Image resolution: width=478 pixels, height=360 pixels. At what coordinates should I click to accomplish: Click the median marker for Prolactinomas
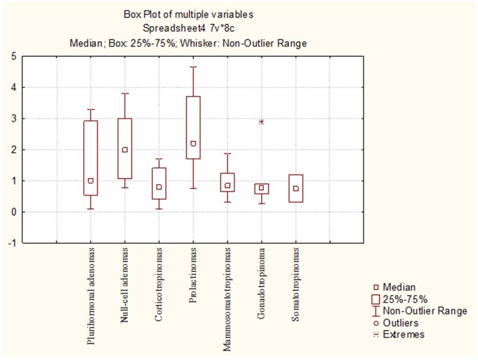pos(193,143)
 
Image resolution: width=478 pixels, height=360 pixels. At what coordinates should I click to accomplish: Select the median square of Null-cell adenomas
pos(125,149)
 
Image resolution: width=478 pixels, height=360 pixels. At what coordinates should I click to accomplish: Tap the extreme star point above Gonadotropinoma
pos(261,122)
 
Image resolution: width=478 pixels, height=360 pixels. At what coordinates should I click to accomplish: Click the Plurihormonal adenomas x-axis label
pos(91,296)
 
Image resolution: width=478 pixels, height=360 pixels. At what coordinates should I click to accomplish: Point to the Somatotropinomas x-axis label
pos(295,285)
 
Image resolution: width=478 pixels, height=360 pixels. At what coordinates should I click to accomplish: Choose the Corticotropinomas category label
pos(159,285)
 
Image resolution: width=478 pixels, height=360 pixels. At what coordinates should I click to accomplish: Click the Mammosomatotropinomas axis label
pos(227,300)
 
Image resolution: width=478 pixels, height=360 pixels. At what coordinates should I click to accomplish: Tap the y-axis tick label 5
pos(14,56)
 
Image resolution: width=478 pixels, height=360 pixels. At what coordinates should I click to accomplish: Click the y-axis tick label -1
pos(13,243)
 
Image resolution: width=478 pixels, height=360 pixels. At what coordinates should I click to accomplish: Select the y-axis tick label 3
pos(14,118)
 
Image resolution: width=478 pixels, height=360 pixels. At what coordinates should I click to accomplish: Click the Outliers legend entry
pos(396,323)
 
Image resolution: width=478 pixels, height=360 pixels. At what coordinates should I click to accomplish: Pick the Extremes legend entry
pos(399,334)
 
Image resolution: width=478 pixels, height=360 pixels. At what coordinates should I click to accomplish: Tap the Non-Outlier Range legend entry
pos(420,311)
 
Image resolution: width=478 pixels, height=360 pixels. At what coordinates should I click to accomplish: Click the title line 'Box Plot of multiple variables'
pos(188,14)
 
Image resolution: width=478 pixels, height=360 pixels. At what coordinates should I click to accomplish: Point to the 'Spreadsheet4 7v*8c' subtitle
pos(188,28)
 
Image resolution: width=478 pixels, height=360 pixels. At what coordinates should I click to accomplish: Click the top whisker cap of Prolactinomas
pos(193,67)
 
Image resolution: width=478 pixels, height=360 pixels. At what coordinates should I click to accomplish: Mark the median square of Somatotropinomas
pos(296,189)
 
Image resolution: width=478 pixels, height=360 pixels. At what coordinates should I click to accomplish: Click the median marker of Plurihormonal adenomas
pos(91,181)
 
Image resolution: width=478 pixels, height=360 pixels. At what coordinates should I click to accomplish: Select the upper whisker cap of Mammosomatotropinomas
pos(228,153)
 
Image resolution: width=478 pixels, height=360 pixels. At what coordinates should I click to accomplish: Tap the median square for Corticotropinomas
pos(159,187)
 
